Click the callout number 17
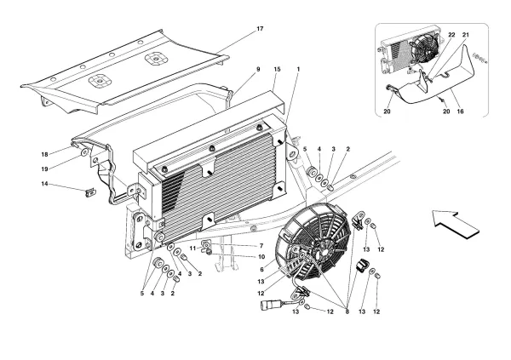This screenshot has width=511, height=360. coord(260,30)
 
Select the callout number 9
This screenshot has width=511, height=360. coord(257,68)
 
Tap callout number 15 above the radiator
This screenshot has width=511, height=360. coord(277,68)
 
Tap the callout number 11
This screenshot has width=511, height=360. coord(194,247)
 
